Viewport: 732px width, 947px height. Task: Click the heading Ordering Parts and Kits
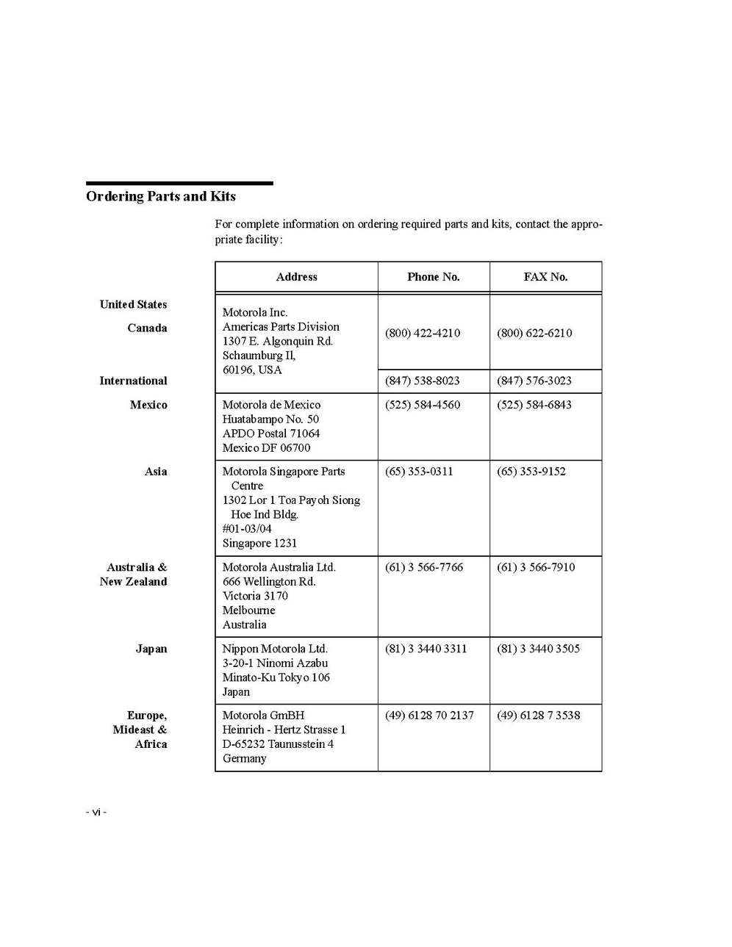point(160,196)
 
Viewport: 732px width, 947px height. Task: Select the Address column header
point(296,277)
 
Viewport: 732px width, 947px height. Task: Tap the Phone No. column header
point(433,277)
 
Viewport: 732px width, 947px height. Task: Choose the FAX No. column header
point(545,277)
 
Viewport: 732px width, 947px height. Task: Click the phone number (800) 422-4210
point(423,333)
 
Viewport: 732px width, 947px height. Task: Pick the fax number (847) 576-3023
point(534,381)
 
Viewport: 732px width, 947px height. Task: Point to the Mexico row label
point(148,405)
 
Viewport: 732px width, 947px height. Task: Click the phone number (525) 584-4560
point(423,405)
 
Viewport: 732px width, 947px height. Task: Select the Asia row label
point(156,472)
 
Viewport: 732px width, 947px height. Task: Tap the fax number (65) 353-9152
point(531,472)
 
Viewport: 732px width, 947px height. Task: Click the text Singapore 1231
point(259,543)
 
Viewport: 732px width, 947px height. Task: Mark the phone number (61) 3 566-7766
point(424,567)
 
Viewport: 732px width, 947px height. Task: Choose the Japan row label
point(151,649)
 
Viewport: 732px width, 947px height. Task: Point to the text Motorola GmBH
point(263,715)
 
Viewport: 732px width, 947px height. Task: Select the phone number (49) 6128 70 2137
point(429,715)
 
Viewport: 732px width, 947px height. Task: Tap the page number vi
point(96,812)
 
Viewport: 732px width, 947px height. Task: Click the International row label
point(133,381)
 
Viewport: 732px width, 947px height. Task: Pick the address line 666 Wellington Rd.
point(269,581)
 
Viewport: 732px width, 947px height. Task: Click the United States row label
point(133,304)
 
